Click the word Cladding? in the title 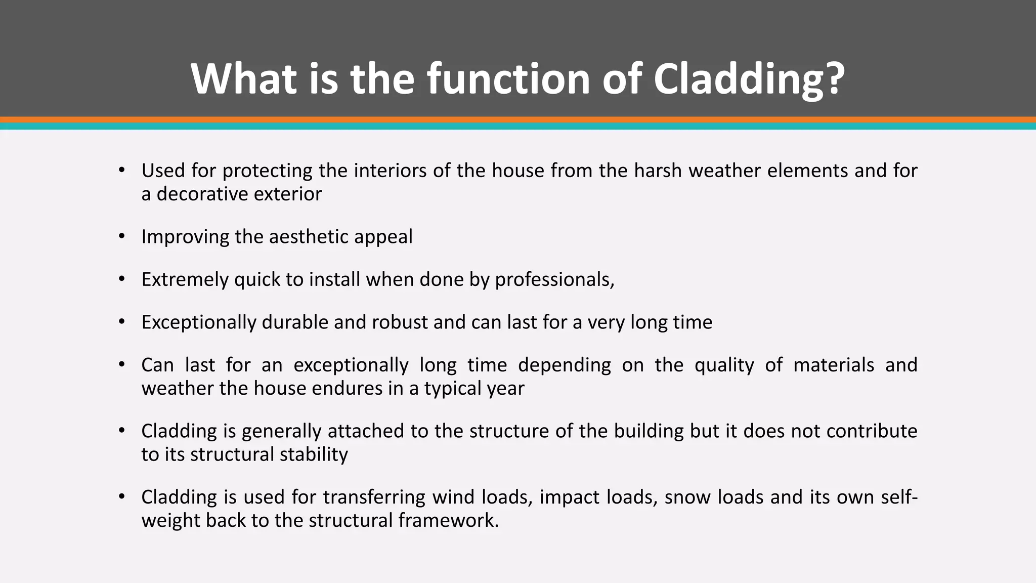pyautogui.click(x=749, y=79)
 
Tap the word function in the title pyautogui.click(x=508, y=79)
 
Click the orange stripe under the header pyautogui.click(x=518, y=120)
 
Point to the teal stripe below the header pyautogui.click(x=518, y=127)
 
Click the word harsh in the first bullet pyautogui.click(x=658, y=171)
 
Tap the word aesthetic pyautogui.click(x=309, y=237)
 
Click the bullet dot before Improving pyautogui.click(x=121, y=236)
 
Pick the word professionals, pyautogui.click(x=554, y=279)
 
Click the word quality pyautogui.click(x=724, y=365)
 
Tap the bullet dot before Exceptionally pyautogui.click(x=121, y=322)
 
